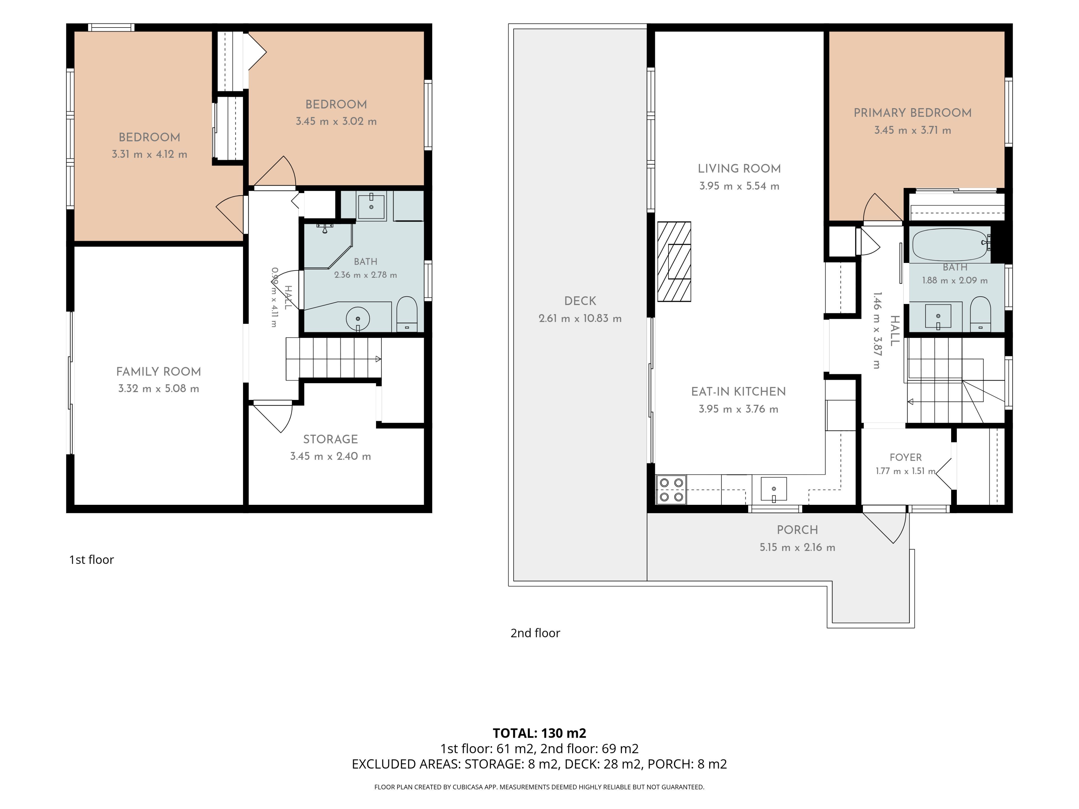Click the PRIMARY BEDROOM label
(912, 113)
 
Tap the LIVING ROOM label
(739, 169)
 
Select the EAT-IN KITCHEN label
(738, 392)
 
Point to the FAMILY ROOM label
(158, 372)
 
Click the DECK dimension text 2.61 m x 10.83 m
(580, 319)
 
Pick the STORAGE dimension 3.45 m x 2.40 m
(330, 456)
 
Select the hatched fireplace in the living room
(674, 262)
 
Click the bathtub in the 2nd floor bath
(951, 245)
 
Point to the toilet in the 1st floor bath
(407, 315)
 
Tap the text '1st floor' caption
(91, 560)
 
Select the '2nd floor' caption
(535, 633)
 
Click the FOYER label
(905, 457)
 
